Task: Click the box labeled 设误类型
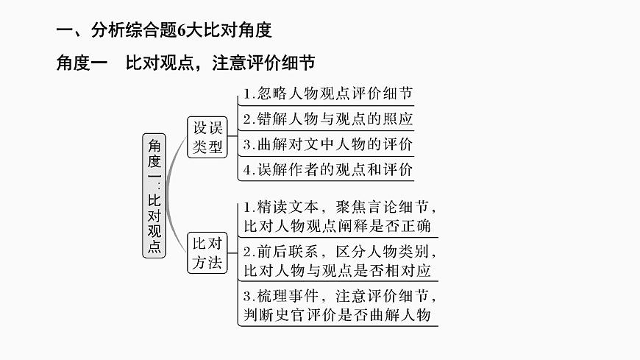click(207, 137)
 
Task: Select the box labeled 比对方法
click(207, 253)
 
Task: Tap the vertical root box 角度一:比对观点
click(154, 194)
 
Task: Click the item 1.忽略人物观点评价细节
click(327, 93)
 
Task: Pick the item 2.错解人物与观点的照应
click(327, 119)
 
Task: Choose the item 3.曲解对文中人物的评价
click(327, 144)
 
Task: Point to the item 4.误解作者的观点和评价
click(327, 169)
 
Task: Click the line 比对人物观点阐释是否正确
click(338, 225)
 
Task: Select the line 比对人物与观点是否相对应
click(338, 270)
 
